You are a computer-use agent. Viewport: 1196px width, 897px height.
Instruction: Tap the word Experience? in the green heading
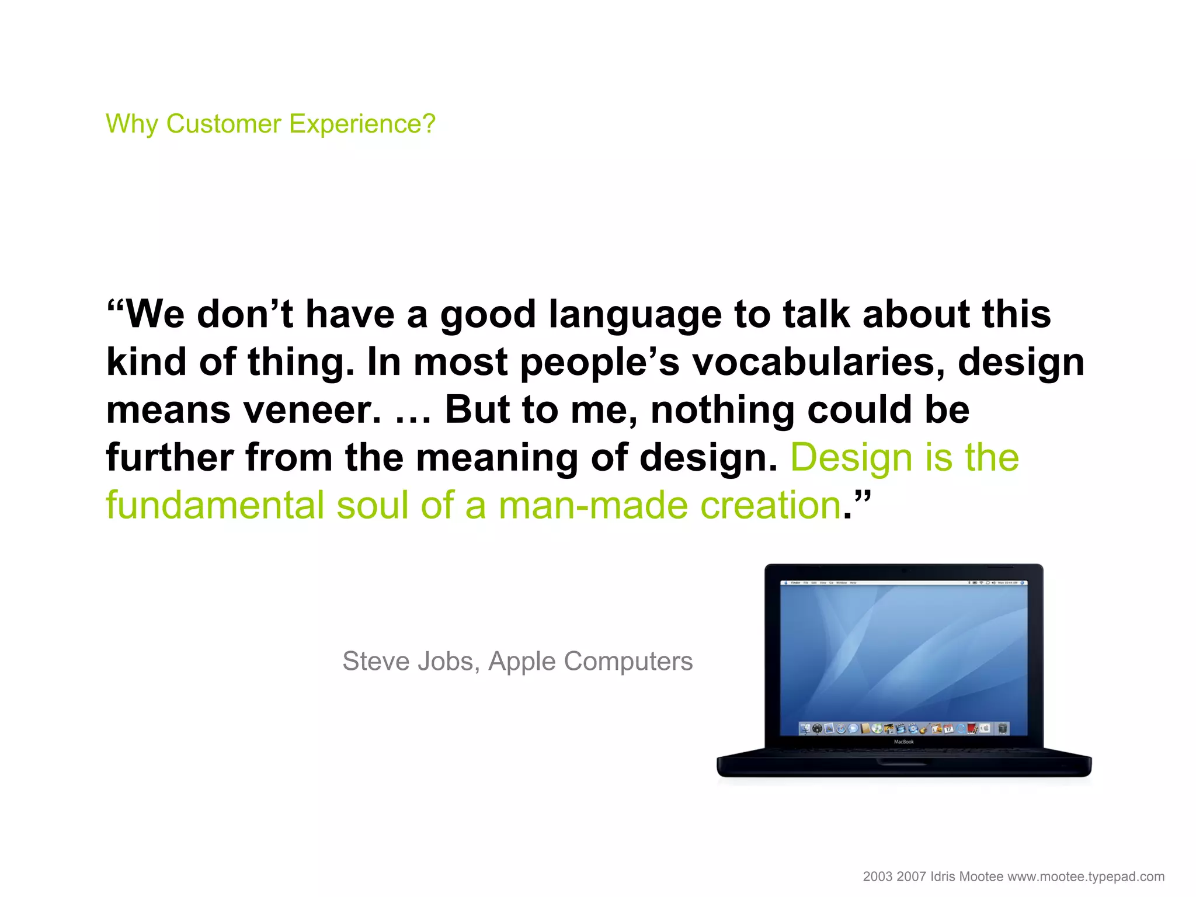(x=362, y=124)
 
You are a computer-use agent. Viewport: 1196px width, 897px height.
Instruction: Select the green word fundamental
(x=214, y=505)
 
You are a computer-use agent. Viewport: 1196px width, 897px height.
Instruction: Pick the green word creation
(x=770, y=505)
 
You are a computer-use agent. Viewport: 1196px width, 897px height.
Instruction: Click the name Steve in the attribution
(x=376, y=662)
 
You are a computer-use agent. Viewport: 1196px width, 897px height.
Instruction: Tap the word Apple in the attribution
(x=521, y=662)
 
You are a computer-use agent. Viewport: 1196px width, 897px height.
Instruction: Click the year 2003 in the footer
(x=877, y=877)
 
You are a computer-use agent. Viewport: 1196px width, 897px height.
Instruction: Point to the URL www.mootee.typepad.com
(x=1086, y=877)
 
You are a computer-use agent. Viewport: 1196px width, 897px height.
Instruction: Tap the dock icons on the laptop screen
(x=903, y=728)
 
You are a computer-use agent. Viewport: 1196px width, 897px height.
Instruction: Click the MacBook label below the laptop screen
(x=903, y=742)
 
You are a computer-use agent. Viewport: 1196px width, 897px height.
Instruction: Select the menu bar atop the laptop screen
(x=903, y=583)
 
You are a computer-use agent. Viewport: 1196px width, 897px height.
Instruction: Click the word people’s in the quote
(x=600, y=362)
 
